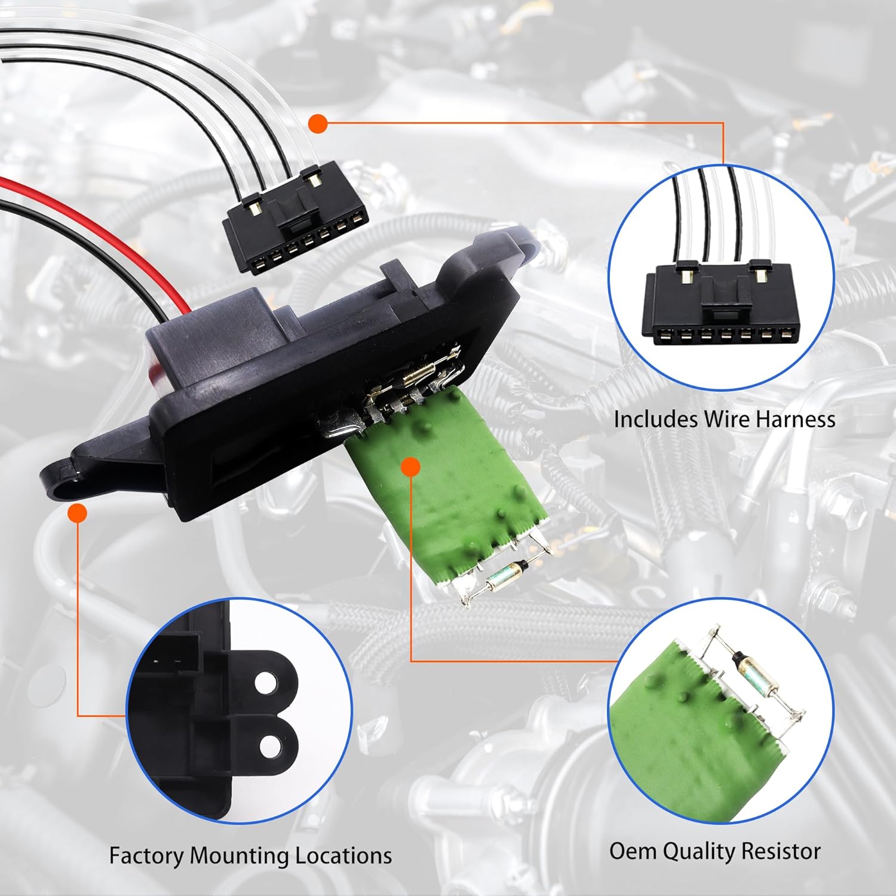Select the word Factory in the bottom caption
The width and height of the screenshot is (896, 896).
(x=146, y=856)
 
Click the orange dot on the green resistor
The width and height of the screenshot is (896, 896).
(x=410, y=467)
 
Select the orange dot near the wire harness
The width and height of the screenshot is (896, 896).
(x=318, y=124)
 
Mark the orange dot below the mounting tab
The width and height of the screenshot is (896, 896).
(x=78, y=513)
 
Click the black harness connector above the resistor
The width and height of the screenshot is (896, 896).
(x=295, y=220)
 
